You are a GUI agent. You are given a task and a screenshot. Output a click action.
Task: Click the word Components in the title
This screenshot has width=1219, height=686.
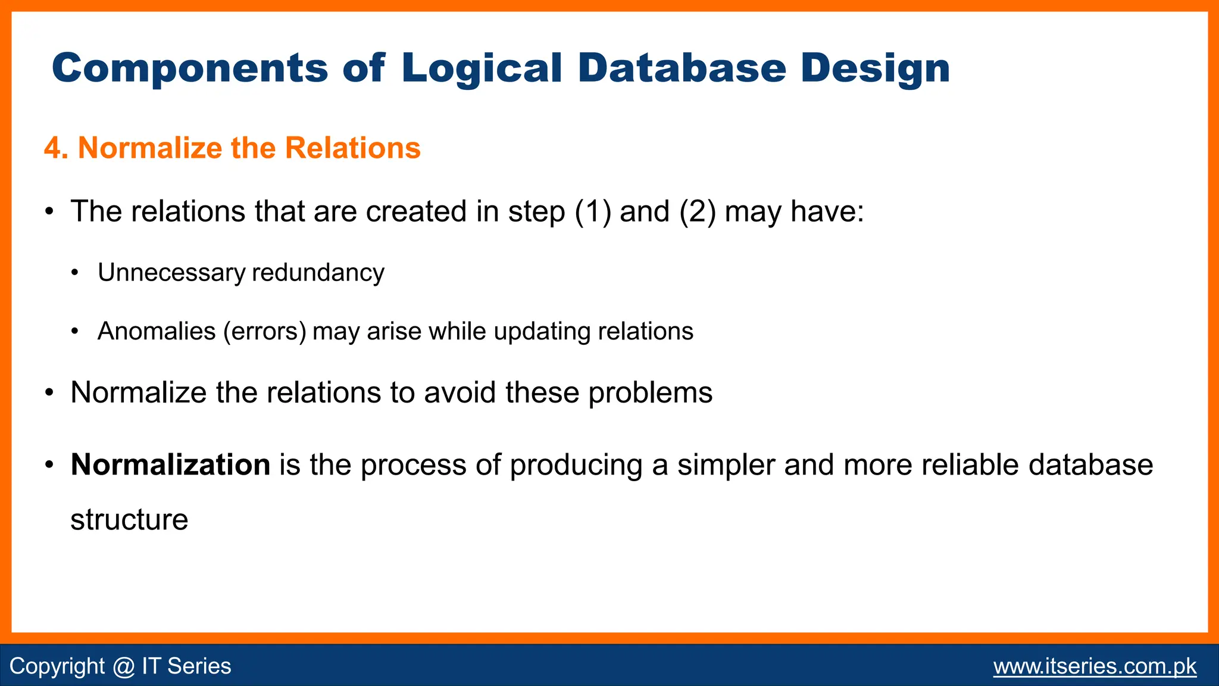click(x=189, y=68)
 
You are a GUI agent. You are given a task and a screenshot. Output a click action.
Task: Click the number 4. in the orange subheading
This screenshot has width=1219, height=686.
click(x=56, y=148)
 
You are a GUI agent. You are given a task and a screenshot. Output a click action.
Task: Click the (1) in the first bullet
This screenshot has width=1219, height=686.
click(x=593, y=211)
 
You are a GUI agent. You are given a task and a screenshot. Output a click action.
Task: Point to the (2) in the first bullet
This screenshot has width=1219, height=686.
click(x=698, y=211)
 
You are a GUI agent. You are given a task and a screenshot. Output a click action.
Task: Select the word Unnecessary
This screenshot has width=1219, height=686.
click(x=171, y=273)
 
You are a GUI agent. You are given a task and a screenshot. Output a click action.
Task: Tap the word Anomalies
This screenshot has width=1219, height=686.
click(x=157, y=331)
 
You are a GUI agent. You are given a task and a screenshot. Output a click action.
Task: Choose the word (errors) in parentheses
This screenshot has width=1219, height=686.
click(x=265, y=331)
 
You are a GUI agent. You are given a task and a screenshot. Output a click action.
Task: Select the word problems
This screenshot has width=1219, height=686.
click(x=650, y=393)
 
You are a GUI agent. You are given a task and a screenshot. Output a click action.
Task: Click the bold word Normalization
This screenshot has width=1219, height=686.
click(x=170, y=464)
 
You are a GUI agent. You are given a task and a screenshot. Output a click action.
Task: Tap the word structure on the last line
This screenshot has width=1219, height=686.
click(x=129, y=520)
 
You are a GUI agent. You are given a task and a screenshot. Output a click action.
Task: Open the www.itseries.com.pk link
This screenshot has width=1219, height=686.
click(x=1095, y=666)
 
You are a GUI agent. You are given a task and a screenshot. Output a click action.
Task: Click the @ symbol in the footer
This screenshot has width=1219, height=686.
click(x=123, y=666)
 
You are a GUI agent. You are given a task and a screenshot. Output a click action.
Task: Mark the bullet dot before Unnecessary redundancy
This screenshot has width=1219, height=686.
click(x=74, y=273)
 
